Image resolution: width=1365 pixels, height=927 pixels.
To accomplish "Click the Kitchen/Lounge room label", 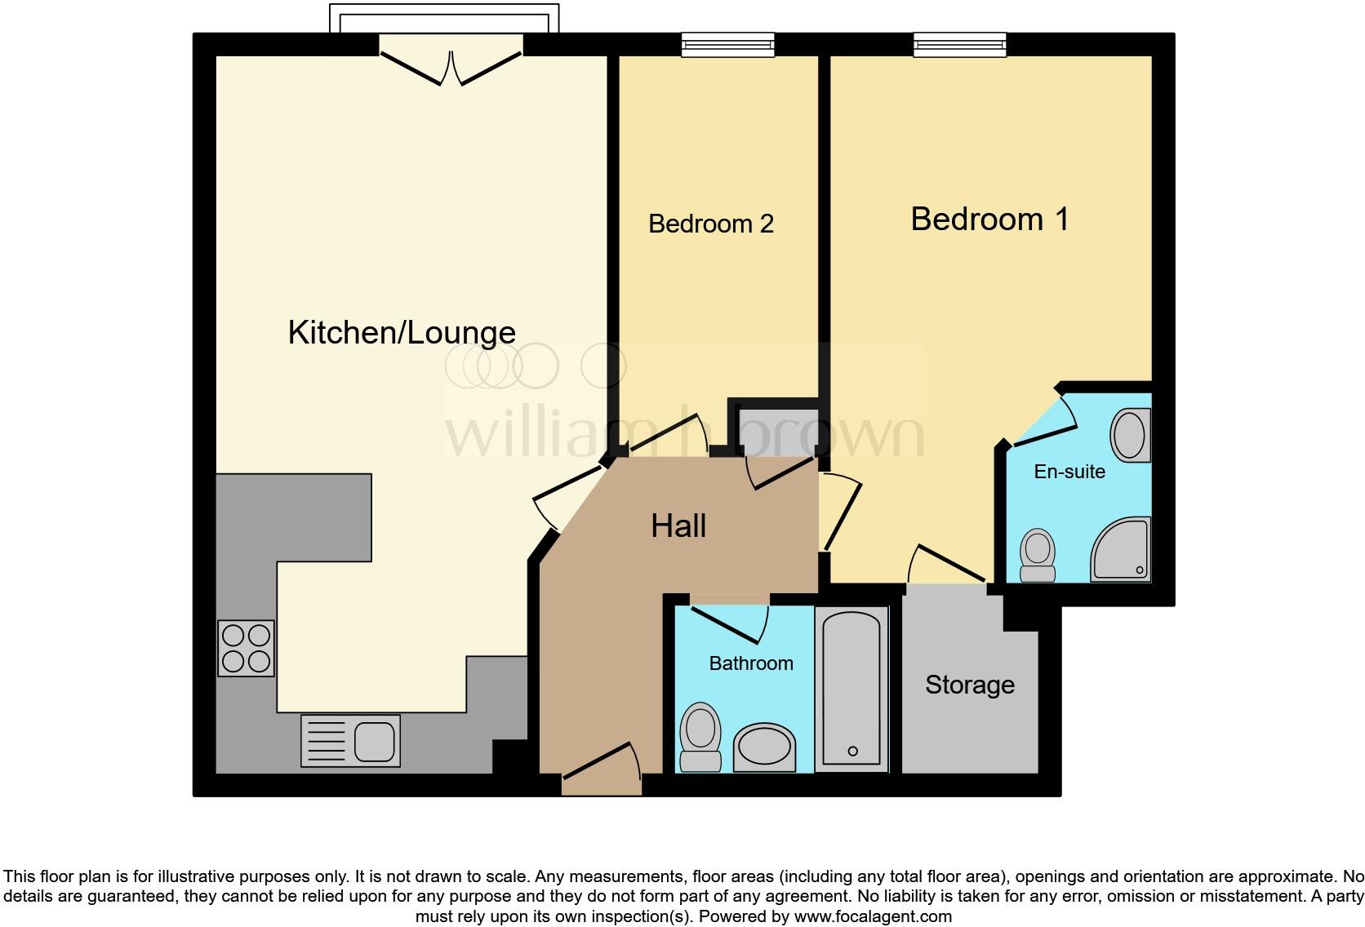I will [x=402, y=333].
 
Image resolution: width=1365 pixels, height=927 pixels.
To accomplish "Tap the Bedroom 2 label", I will [x=710, y=224].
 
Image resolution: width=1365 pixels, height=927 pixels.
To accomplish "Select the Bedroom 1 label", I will [x=989, y=219].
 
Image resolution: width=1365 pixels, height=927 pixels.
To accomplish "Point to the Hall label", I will [x=678, y=526].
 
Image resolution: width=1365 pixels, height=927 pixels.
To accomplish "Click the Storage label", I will [x=969, y=685].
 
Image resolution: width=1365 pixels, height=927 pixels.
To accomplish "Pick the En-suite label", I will [x=1069, y=472].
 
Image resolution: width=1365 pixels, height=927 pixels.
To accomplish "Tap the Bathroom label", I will [x=751, y=663].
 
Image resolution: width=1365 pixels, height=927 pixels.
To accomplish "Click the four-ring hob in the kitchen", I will [x=246, y=649].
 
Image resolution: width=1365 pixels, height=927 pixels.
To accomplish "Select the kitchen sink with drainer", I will [x=350, y=741].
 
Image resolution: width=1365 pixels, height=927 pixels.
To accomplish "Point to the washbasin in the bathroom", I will [x=764, y=747].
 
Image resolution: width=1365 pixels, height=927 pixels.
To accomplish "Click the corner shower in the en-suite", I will [x=1122, y=550].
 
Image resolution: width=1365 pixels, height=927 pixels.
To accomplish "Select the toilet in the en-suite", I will [x=1038, y=555].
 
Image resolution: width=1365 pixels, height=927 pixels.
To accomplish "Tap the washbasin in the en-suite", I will [x=1130, y=435].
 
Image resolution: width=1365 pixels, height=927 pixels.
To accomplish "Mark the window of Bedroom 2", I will [x=728, y=44].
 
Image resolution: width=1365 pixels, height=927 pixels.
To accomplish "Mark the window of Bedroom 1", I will [x=959, y=44].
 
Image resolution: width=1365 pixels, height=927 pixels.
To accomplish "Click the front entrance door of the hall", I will [x=602, y=771].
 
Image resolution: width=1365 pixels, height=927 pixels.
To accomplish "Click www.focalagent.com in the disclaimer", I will [x=872, y=916].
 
